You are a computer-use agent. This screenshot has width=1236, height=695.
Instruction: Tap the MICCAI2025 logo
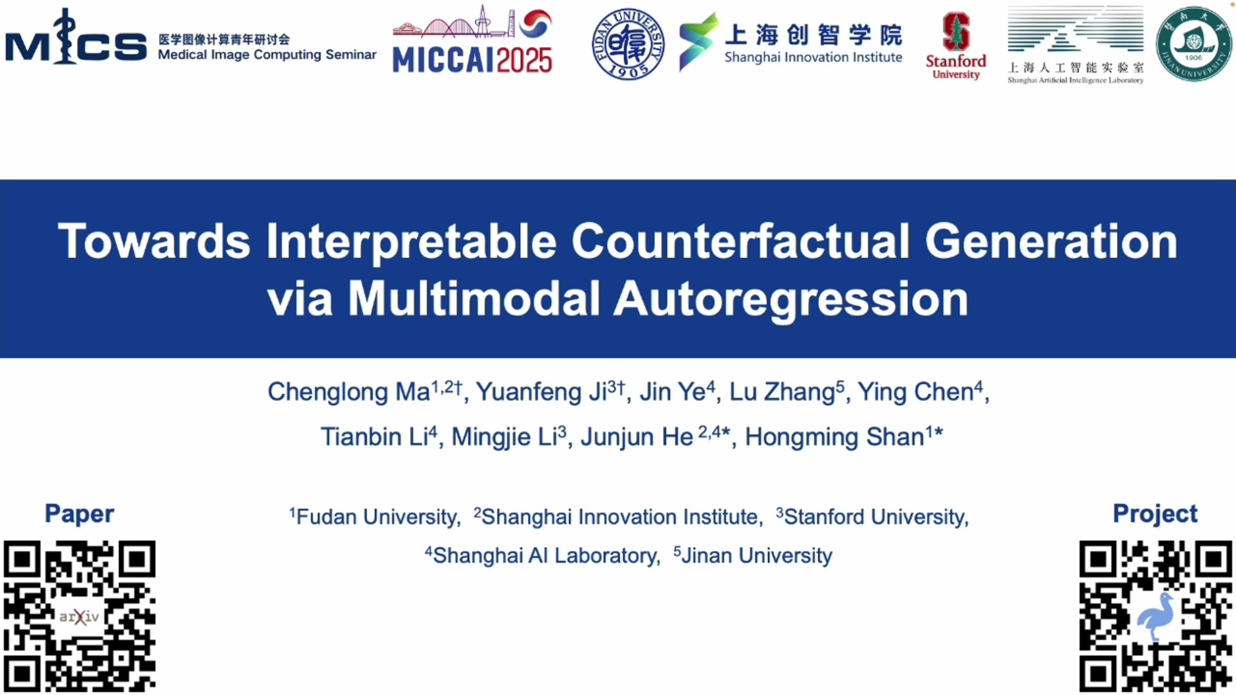pos(473,40)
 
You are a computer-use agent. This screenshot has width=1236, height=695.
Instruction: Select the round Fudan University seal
pos(628,44)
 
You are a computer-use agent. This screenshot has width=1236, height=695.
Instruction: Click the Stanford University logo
pos(956,46)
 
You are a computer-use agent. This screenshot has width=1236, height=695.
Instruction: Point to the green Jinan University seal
pos(1194,44)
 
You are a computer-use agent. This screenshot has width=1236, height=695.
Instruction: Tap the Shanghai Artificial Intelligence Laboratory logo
pos(1076,45)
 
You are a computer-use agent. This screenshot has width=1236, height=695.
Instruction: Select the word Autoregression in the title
pos(791,299)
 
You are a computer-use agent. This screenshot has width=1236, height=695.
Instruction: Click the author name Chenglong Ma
pos(348,392)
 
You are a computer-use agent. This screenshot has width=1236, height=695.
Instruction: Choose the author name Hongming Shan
pos(834,437)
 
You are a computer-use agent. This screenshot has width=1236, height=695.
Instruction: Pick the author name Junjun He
pos(637,437)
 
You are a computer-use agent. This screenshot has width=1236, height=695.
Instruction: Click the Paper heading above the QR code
pos(79,514)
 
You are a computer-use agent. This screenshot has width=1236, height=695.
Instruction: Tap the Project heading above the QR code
pos(1155,514)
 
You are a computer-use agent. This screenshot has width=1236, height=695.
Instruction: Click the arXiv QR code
pos(79,616)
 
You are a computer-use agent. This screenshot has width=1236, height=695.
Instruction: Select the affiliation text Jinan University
pos(756,555)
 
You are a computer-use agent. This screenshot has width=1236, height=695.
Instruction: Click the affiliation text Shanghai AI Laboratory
pos(546,555)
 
